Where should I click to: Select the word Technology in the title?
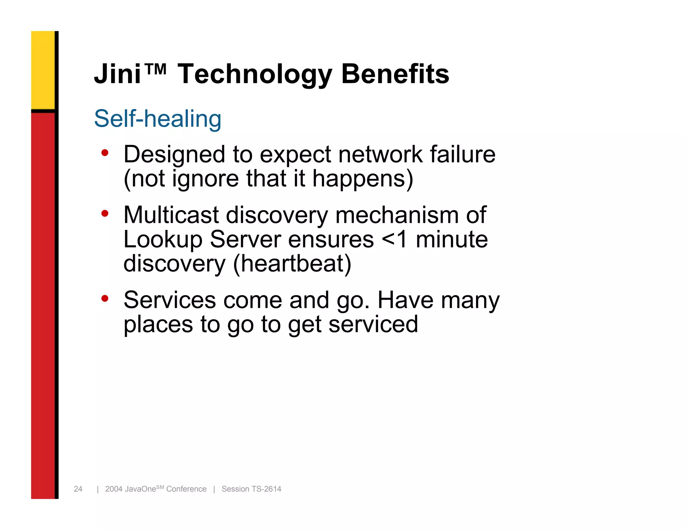(255, 74)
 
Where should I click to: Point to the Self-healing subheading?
(157, 119)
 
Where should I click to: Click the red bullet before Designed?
(105, 153)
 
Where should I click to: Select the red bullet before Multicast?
(105, 213)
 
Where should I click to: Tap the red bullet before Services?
(105, 298)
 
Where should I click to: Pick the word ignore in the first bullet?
(205, 179)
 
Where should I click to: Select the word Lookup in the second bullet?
(163, 240)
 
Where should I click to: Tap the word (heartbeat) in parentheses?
(292, 264)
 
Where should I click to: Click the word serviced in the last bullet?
(373, 324)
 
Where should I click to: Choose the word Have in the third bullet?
(405, 300)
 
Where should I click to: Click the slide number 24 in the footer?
(78, 489)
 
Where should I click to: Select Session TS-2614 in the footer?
(251, 489)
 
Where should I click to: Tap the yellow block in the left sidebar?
(43, 70)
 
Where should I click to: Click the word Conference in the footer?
(186, 489)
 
